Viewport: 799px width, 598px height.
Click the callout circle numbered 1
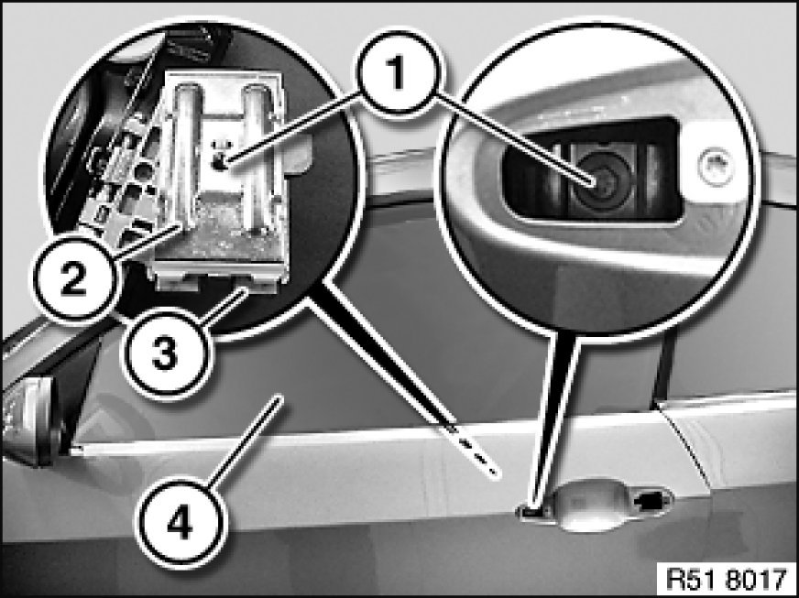click(398, 73)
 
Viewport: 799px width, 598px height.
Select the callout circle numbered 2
click(75, 278)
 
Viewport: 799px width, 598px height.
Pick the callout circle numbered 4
click(180, 523)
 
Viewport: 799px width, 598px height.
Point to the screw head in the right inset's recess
click(597, 181)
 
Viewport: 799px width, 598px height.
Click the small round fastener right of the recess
click(717, 166)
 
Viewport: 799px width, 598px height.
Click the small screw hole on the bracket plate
click(220, 163)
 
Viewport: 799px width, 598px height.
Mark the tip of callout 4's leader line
click(279, 399)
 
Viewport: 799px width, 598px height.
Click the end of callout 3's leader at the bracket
click(246, 289)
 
